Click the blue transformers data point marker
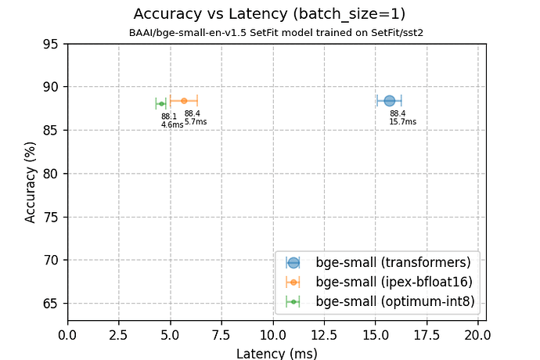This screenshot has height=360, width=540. click(x=389, y=100)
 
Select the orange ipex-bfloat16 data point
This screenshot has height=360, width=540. click(x=184, y=100)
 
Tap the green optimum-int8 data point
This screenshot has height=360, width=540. click(x=161, y=103)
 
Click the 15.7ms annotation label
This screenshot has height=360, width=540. click(x=402, y=122)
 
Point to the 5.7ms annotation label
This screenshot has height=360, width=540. click(x=195, y=122)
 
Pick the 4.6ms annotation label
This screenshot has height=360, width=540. click(x=172, y=125)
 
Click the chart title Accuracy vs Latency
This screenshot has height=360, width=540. click(x=269, y=13)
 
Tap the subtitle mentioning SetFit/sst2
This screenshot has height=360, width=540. click(x=269, y=33)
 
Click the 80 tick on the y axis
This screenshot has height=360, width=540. click(x=53, y=173)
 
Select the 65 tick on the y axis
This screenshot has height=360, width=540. click(x=53, y=303)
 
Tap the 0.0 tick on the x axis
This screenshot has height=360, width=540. click(x=68, y=335)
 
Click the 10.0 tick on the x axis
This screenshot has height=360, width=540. click(x=273, y=335)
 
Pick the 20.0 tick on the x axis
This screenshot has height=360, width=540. click(x=477, y=335)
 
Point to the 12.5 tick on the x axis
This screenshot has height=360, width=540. click(x=324, y=335)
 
